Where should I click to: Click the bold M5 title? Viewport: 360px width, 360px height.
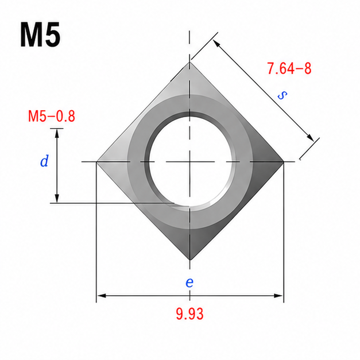click(x=40, y=34)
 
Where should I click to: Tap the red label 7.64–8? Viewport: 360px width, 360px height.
click(x=289, y=68)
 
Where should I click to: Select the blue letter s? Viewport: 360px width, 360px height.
click(x=282, y=95)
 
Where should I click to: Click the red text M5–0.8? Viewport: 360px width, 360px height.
click(x=52, y=116)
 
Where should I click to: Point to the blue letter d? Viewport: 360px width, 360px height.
click(x=44, y=161)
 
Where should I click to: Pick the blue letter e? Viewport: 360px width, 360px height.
click(x=189, y=282)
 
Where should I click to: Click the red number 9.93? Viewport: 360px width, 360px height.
click(x=189, y=314)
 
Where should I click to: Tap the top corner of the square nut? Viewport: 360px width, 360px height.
click(x=189, y=62)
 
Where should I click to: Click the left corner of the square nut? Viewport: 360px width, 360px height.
click(x=96, y=162)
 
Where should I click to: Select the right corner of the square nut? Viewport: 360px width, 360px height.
click(x=284, y=162)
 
